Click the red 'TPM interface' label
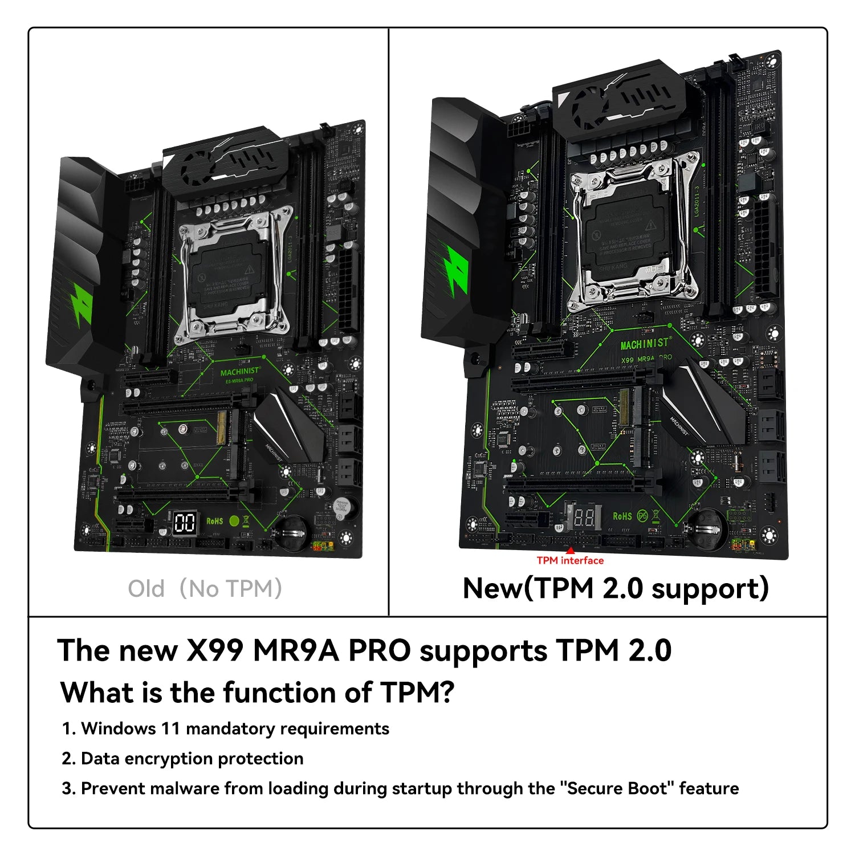569,561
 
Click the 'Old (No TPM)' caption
205,589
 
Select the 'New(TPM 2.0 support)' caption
616,588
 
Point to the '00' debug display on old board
184,523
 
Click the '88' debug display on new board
584,517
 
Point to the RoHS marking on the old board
215,521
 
